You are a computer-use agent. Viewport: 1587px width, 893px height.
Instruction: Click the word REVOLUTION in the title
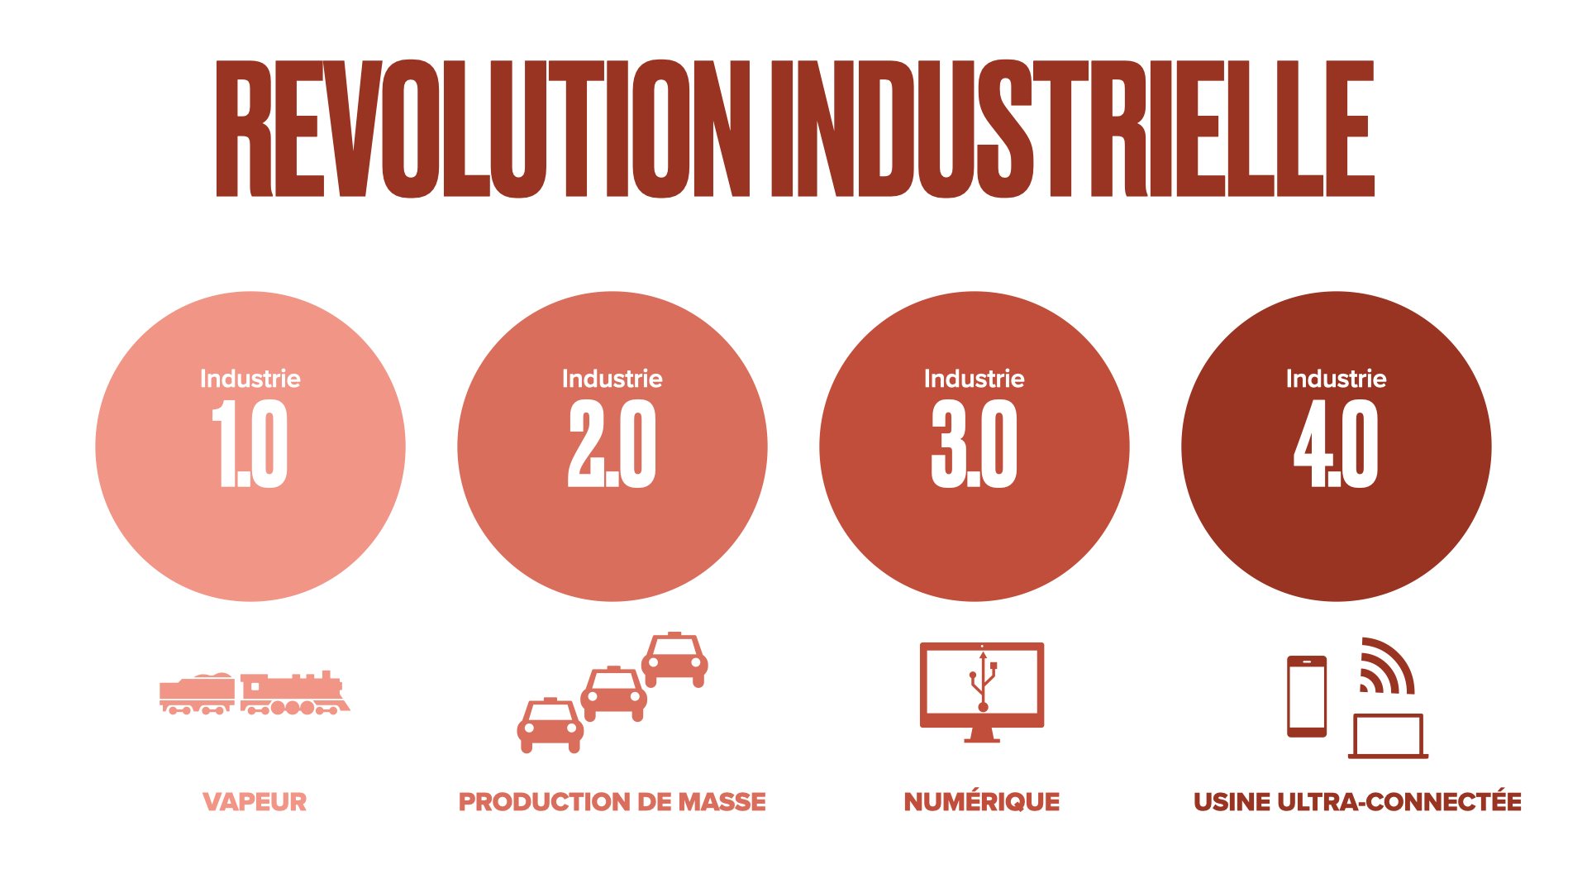click(x=483, y=129)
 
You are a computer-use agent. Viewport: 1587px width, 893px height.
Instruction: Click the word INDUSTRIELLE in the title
click(x=1073, y=129)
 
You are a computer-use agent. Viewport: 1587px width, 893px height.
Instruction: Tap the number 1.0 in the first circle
click(x=250, y=444)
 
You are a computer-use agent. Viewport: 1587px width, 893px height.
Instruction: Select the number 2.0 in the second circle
click(x=612, y=444)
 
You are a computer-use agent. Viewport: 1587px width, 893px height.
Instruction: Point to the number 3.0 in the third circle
click(x=974, y=444)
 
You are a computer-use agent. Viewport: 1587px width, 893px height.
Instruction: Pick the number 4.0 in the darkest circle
click(x=1336, y=444)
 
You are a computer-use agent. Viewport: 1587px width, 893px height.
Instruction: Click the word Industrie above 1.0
click(x=250, y=379)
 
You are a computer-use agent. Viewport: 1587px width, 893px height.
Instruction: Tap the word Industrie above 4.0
click(x=1337, y=379)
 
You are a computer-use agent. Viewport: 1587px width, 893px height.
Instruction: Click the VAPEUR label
click(x=255, y=802)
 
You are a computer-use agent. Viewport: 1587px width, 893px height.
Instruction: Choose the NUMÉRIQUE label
click(x=982, y=801)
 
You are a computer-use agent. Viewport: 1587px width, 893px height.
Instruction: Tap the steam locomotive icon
click(x=295, y=693)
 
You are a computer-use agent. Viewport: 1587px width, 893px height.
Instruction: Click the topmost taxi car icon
click(x=674, y=660)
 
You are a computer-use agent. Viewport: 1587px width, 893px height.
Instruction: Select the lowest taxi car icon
click(x=550, y=725)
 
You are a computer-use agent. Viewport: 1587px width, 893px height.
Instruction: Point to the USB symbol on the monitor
click(x=983, y=682)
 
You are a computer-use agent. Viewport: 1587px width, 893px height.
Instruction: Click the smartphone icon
click(x=1307, y=696)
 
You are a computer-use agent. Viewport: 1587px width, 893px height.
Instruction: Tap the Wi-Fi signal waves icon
click(x=1387, y=666)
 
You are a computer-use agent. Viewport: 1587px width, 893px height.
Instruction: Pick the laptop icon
click(x=1389, y=736)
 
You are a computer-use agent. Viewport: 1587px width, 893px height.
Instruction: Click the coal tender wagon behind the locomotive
click(x=197, y=694)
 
